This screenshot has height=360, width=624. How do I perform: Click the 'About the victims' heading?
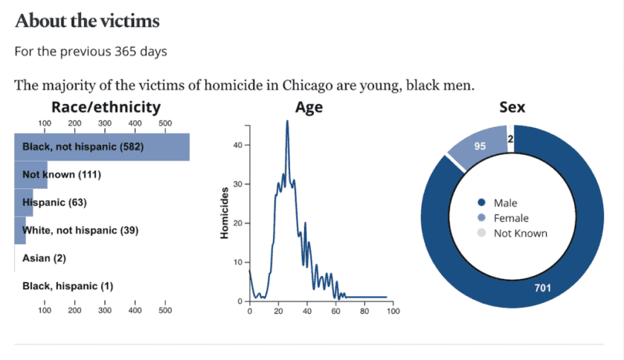tap(87, 21)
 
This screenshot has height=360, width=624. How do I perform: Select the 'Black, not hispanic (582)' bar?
tap(102, 147)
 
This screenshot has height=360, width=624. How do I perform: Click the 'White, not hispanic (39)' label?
tap(80, 231)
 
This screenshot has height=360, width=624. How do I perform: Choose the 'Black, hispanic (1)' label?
tap(67, 286)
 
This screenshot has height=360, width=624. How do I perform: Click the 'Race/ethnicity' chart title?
tap(106, 107)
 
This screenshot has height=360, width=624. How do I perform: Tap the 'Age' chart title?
tap(309, 107)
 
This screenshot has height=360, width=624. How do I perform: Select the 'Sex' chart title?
tap(512, 107)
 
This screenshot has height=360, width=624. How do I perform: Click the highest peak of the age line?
tap(287, 121)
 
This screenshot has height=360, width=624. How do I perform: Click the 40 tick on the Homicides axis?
tap(238, 145)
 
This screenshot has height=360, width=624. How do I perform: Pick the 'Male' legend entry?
tap(505, 203)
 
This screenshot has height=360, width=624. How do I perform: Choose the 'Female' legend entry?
tap(510, 218)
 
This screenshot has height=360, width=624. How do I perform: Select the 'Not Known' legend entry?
tap(520, 233)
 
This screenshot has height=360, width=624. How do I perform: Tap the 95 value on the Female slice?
tap(480, 147)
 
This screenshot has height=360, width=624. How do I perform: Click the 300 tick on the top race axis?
tap(105, 123)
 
